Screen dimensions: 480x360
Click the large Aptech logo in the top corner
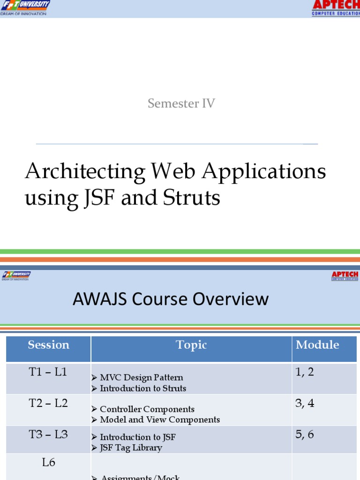pos(336,7)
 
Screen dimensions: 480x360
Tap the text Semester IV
pos(181,104)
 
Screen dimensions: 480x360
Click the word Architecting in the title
pos(85,172)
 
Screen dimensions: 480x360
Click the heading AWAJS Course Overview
pos(171,299)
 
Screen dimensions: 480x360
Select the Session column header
pos(48,345)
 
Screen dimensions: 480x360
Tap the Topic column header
pos(191,345)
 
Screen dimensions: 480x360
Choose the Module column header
pos(317,345)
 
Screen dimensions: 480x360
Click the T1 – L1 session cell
pos(48,372)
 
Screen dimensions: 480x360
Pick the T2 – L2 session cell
pos(48,403)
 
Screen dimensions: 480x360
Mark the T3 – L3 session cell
pos(48,435)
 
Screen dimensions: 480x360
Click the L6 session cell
pos(48,463)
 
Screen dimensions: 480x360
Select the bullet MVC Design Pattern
pos(141,377)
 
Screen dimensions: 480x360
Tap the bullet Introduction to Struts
pos(142,388)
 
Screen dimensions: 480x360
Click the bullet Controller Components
pos(147,409)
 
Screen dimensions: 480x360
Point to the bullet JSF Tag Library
pos(131,448)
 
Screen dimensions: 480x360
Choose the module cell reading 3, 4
pos(305,403)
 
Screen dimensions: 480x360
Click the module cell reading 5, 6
pos(305,435)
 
